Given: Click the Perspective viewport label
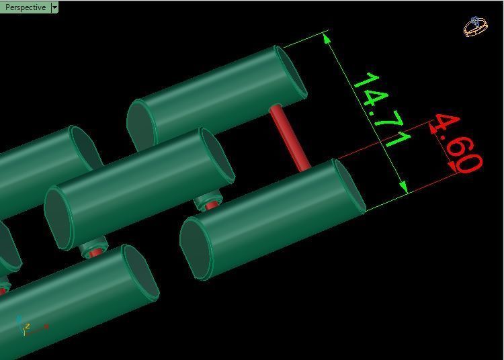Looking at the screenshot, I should tap(26, 7).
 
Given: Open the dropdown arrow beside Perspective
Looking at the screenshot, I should tap(55, 7).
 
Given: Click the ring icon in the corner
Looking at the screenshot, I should tap(475, 27).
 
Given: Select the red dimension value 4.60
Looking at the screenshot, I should tap(457, 143).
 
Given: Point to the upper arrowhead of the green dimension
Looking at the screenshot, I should tap(327, 38).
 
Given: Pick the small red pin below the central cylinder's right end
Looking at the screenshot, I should tap(211, 204).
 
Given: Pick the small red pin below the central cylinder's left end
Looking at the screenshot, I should tap(95, 252).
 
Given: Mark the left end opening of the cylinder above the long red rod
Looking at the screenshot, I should tap(140, 126).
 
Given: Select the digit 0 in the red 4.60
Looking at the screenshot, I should tap(469, 163).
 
